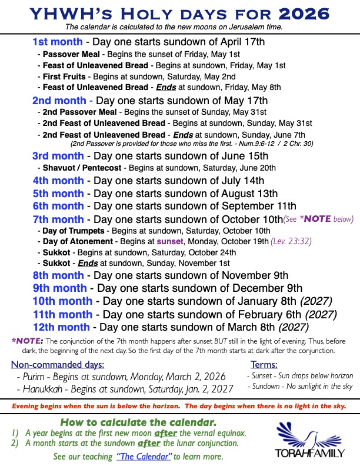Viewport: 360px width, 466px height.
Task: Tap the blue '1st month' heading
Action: tap(58, 42)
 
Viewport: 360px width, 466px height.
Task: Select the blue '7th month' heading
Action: tap(58, 219)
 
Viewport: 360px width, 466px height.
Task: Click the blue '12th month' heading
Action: tap(61, 327)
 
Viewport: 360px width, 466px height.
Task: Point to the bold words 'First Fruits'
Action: tap(65, 76)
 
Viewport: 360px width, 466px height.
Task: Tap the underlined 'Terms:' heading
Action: tap(264, 365)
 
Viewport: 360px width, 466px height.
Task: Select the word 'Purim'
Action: tap(36, 377)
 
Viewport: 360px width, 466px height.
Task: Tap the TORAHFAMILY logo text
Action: tap(302, 454)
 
